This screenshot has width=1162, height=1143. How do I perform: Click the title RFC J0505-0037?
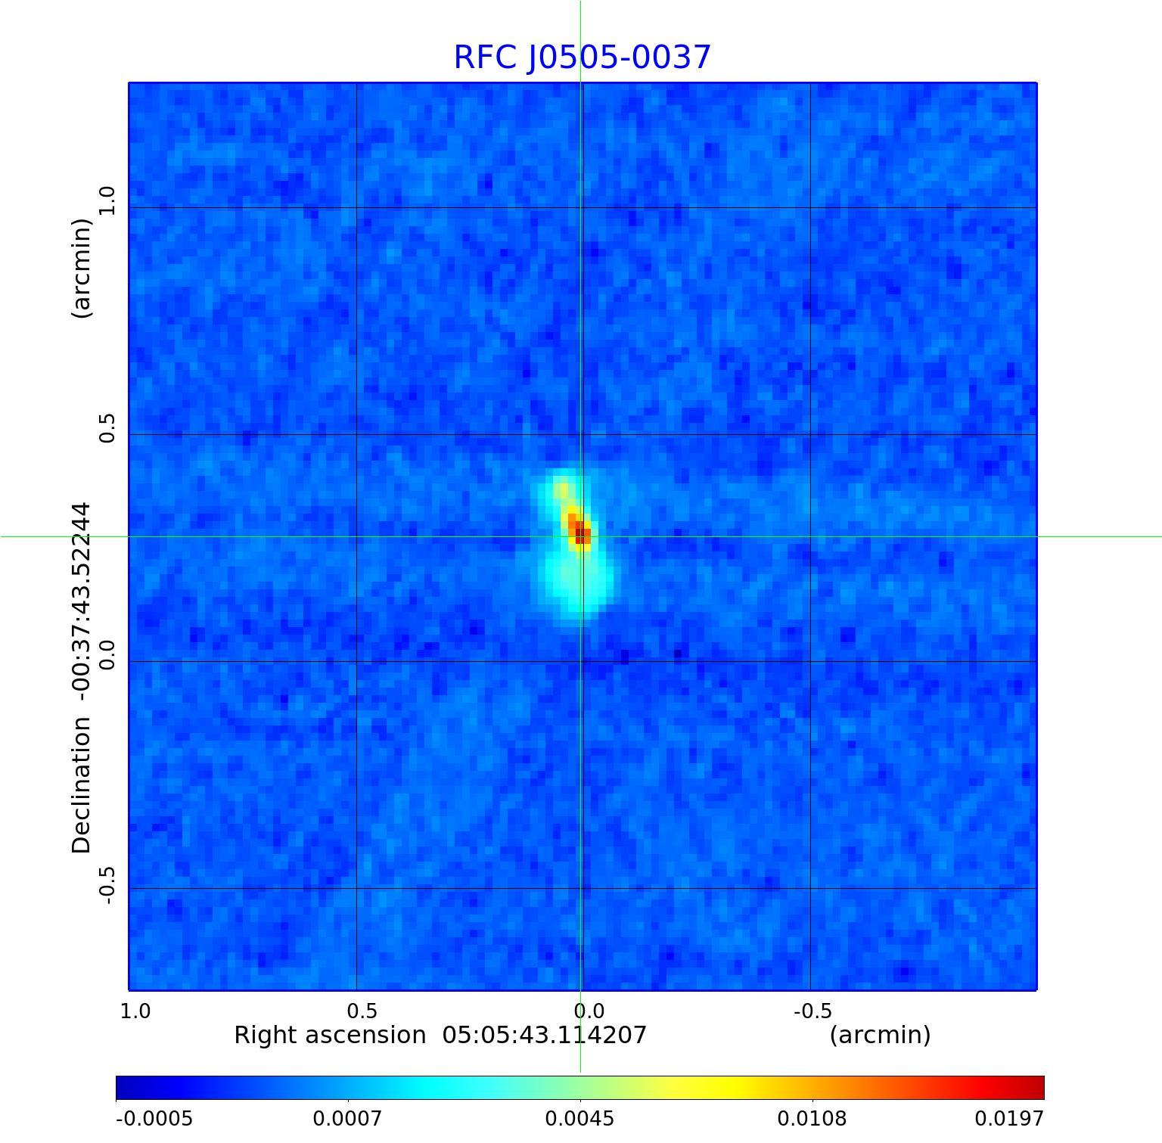[582, 57]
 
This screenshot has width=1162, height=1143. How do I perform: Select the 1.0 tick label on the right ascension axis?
[135, 1011]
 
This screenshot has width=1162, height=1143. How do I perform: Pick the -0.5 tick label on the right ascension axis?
[812, 1011]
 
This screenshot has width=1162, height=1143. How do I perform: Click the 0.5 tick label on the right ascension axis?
[362, 1011]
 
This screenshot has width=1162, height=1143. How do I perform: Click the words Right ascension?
[330, 1035]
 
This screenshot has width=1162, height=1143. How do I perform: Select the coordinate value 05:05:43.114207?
[545, 1035]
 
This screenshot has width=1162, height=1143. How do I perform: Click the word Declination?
[81, 785]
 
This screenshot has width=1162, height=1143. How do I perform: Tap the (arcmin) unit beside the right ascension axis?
[880, 1035]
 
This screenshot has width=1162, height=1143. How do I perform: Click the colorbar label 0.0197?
[1008, 1118]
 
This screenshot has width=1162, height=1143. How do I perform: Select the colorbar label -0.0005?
[154, 1118]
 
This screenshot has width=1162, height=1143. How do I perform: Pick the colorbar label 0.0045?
[579, 1118]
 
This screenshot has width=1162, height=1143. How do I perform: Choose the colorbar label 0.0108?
[812, 1118]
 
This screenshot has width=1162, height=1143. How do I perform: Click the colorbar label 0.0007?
[347, 1118]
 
